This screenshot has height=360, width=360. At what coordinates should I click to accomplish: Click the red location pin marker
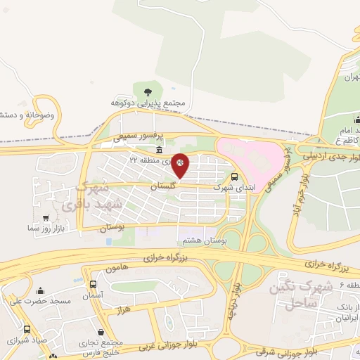(x=180, y=165)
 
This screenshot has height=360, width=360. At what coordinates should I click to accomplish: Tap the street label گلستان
(x=163, y=186)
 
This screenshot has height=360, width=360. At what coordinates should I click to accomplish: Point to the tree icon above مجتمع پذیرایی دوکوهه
(x=147, y=91)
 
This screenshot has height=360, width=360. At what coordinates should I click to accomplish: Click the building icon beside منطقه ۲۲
(x=160, y=151)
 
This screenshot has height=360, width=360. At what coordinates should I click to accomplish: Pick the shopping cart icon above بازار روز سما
(x=46, y=219)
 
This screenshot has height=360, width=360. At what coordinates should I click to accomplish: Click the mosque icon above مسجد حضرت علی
(x=40, y=290)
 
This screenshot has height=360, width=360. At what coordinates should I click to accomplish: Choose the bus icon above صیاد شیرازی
(x=27, y=329)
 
